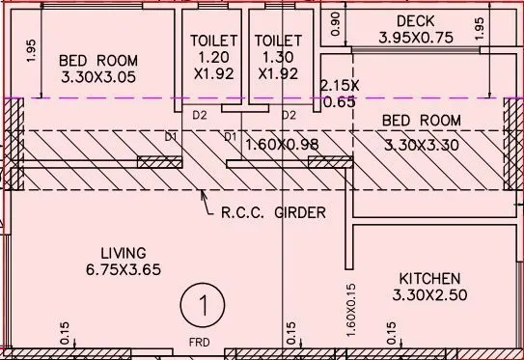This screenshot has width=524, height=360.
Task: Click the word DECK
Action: point(415,21)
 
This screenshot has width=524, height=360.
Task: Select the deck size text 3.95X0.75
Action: point(415,39)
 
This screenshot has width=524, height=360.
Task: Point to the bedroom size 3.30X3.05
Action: point(98,76)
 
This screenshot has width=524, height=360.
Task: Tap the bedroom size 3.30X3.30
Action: point(422,147)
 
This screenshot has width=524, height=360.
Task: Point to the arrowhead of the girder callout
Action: point(201,193)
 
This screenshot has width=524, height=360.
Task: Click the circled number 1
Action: point(204,306)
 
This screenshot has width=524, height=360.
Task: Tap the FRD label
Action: point(197,341)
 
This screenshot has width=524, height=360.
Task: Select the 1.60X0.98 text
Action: point(283,145)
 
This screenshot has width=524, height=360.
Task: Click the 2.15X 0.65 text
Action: point(339,94)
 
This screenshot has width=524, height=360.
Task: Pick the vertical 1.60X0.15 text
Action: point(352,309)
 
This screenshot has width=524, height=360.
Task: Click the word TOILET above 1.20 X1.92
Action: point(212,42)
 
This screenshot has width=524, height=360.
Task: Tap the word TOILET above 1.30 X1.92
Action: point(278,42)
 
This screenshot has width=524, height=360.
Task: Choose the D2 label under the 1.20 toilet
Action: point(201,116)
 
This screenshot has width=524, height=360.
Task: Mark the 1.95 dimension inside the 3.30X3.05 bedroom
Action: point(31,50)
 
